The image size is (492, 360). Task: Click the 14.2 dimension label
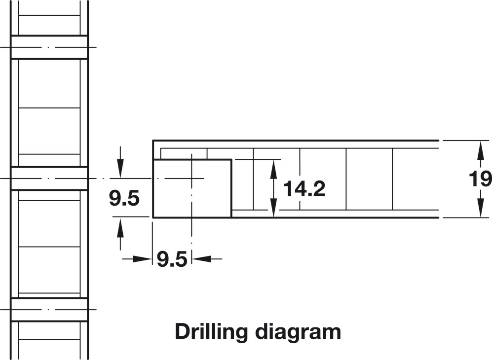point(304,189)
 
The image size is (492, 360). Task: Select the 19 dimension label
point(480,179)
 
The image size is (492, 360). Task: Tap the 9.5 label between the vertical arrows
point(124,199)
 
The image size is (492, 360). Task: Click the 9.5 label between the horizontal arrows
point(172,259)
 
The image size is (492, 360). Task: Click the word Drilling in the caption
point(211,332)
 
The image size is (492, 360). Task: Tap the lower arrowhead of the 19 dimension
point(480,208)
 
